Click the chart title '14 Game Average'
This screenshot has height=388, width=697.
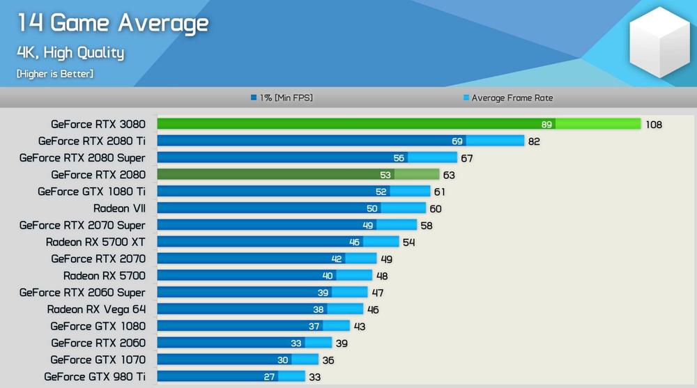tap(112, 23)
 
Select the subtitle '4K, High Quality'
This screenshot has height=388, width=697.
tap(70, 52)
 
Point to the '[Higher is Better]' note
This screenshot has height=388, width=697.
tap(54, 73)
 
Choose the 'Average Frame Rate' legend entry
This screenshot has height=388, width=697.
tap(512, 98)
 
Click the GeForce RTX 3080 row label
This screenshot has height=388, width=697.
tap(98, 125)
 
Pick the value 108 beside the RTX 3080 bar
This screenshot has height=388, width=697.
tap(653, 125)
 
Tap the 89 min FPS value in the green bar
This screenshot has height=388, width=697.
tap(547, 125)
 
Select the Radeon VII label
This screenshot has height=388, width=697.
tap(119, 208)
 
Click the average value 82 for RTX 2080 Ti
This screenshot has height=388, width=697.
tap(533, 141)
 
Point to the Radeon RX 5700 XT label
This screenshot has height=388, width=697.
tap(95, 242)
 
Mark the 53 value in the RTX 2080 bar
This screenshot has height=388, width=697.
tap(385, 175)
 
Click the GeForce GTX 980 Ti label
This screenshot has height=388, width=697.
tap(95, 377)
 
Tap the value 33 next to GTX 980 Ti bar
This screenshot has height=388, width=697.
tap(314, 377)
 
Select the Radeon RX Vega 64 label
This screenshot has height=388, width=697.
tap(96, 309)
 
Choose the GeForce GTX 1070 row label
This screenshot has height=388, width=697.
tap(98, 360)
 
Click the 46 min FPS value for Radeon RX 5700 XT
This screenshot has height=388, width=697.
tap(355, 242)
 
